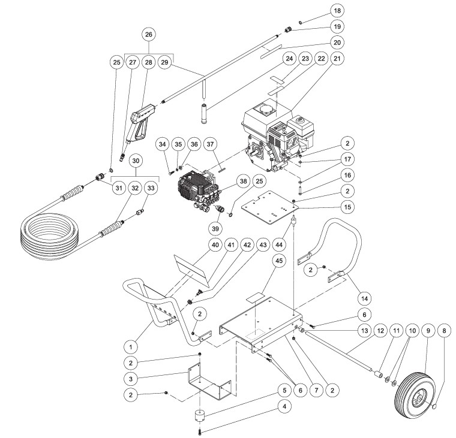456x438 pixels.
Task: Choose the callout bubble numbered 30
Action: [136, 161]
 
